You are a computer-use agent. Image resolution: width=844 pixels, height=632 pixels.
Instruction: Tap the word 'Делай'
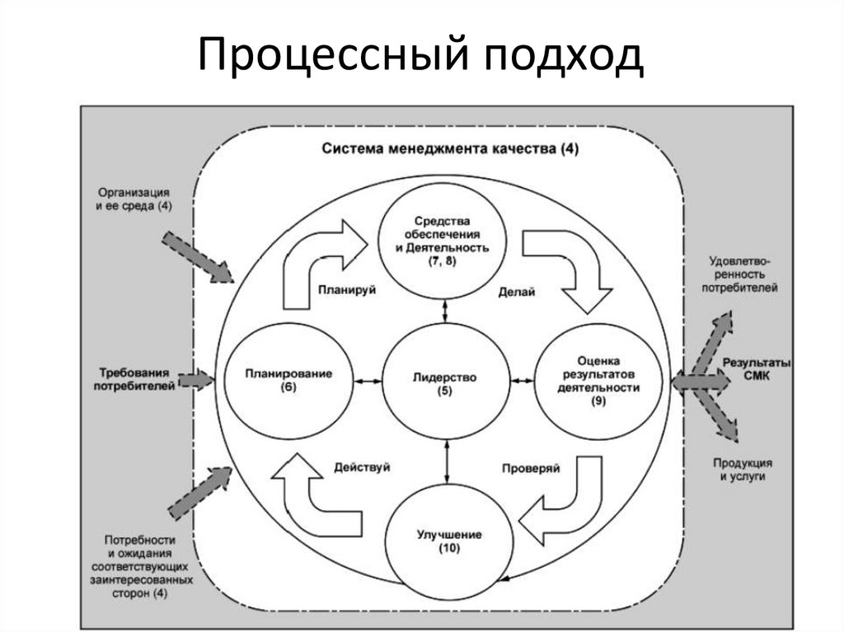[x=517, y=291]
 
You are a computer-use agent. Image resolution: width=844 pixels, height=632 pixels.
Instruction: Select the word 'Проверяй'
[x=531, y=467]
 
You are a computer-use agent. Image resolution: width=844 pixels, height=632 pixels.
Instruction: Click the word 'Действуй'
[x=362, y=466]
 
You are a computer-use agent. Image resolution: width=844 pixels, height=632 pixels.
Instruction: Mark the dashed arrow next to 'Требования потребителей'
[x=195, y=380]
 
